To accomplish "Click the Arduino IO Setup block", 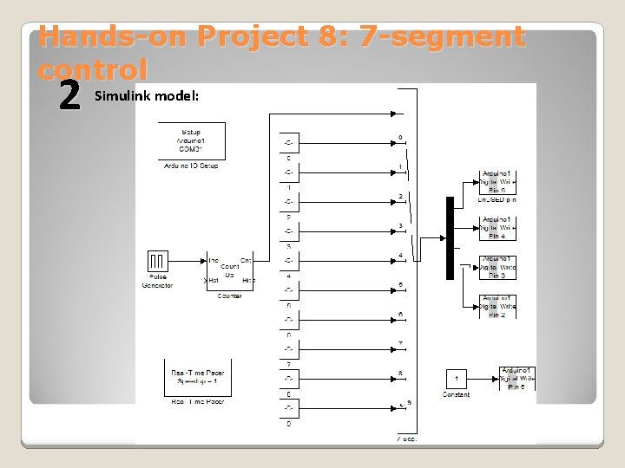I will pos(191,140).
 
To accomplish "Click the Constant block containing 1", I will pos(457,379).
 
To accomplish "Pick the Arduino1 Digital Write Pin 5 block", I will pos(498,182).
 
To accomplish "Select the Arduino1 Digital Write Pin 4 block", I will pos(498,228).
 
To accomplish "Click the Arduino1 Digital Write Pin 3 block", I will pos(498,267).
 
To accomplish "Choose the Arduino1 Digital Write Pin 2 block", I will pos(498,306).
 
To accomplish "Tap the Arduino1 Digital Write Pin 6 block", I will pos(516,379).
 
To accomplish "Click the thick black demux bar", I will pos(450,237).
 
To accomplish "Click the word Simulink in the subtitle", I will pos(122,94).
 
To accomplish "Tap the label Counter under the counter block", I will pos(229,296).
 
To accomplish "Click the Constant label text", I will pos(457,395).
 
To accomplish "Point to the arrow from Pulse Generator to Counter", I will pos(187,260).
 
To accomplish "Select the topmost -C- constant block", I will pos(288,142).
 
